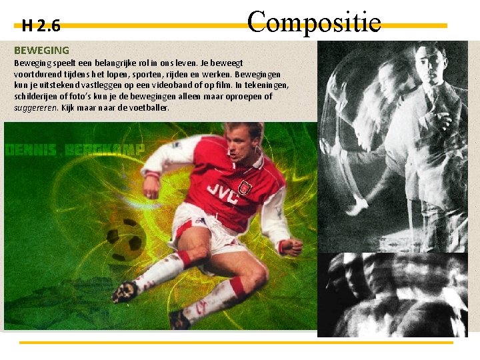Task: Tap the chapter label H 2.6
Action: coord(41,26)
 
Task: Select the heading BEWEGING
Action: coord(41,50)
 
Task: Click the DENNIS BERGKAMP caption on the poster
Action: coord(74,149)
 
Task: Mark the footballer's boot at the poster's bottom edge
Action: coord(179,319)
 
